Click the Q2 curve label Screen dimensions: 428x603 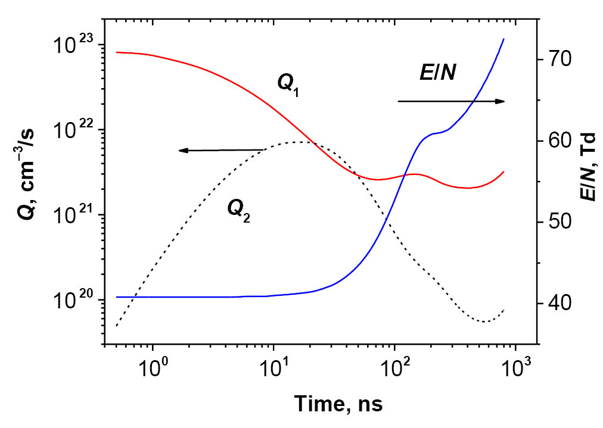click(238, 210)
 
